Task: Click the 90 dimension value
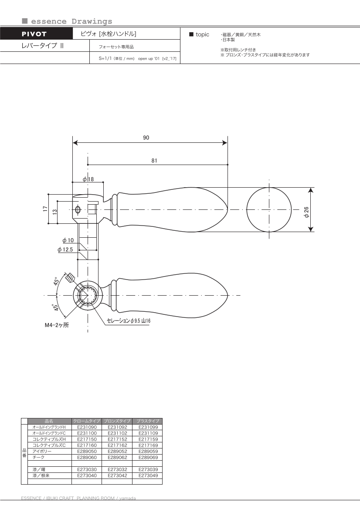[x=146, y=138]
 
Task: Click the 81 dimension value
[x=154, y=160]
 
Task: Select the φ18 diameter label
[x=88, y=179]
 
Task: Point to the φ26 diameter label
[x=306, y=212]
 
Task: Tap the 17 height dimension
[x=45, y=209]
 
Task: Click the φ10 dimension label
[x=68, y=240]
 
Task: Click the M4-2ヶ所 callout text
[x=57, y=325]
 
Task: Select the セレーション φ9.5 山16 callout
[x=129, y=321]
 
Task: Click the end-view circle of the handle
[x=269, y=209]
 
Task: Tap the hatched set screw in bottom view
[x=69, y=277]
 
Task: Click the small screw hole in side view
[x=78, y=210]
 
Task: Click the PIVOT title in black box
[x=34, y=34]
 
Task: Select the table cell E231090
[x=86, y=427]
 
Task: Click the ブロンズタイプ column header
[x=117, y=421]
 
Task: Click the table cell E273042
[x=117, y=476]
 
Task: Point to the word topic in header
[x=202, y=34]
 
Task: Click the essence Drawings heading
[x=71, y=21]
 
